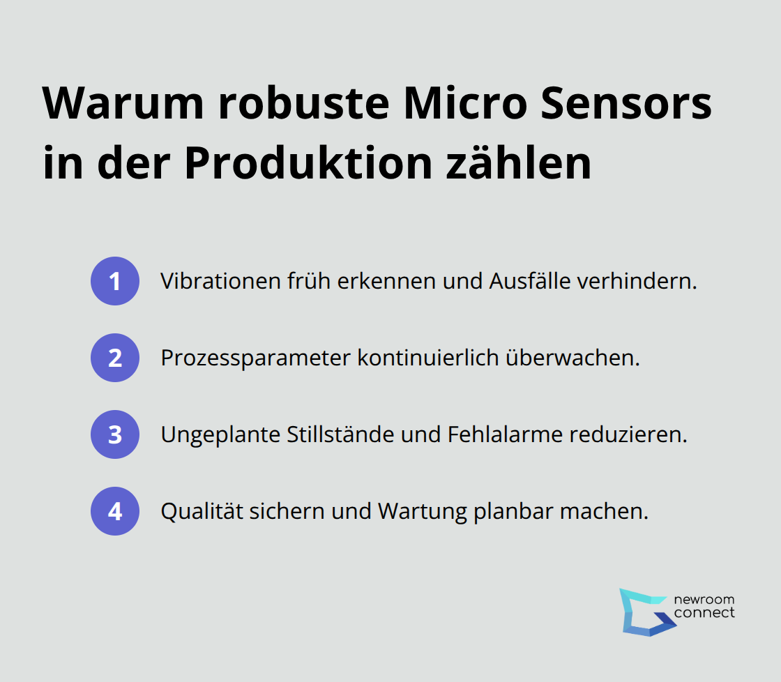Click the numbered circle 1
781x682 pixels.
tap(115, 281)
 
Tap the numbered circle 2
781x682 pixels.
tap(115, 358)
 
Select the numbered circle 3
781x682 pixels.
tap(115, 434)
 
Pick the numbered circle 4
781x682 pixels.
tap(115, 511)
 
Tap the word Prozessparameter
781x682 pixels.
tap(255, 358)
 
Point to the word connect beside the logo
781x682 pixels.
tap(704, 613)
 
